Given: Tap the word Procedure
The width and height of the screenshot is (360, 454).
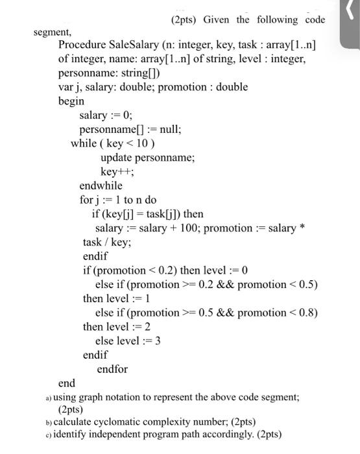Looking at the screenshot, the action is [81, 45].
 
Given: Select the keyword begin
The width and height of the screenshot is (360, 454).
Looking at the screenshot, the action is [71, 101].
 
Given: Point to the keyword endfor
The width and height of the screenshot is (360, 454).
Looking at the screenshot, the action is [112, 369].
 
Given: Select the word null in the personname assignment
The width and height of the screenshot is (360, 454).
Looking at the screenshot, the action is [167, 129].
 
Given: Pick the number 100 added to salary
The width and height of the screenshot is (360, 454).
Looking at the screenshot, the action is [185, 228].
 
